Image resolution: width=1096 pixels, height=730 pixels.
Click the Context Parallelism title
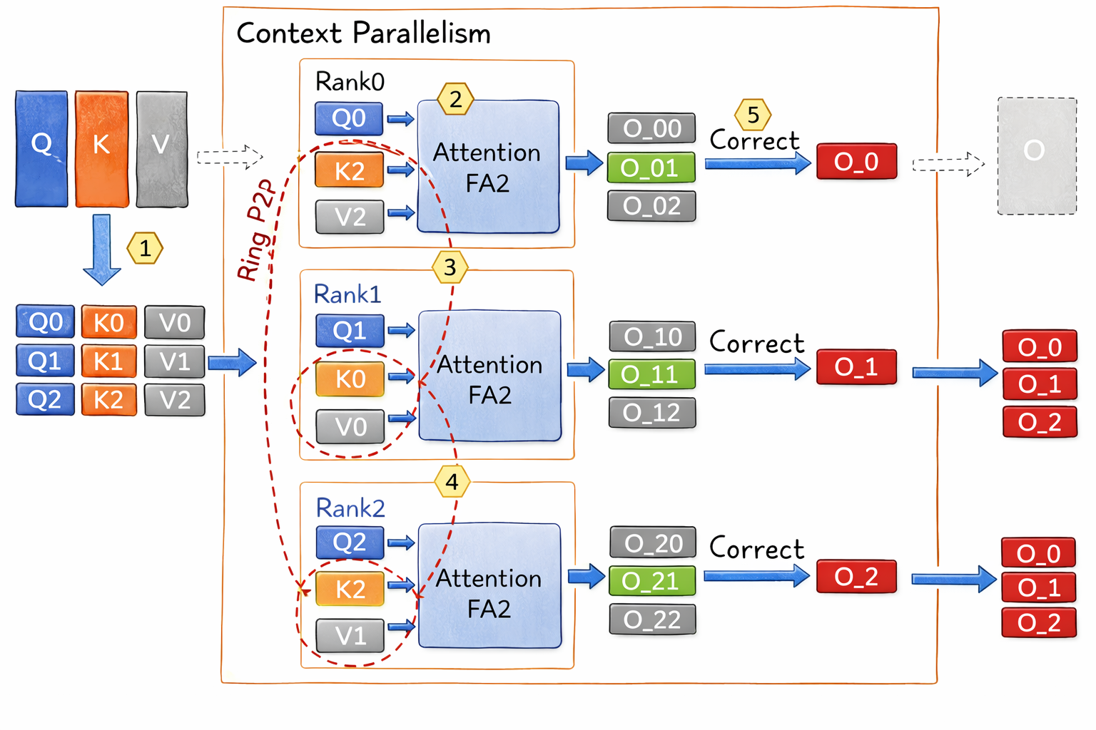[363, 34]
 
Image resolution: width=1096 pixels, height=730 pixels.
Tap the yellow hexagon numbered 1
[145, 249]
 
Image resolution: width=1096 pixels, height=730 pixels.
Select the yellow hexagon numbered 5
[753, 115]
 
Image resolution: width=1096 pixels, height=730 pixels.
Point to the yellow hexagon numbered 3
[450, 267]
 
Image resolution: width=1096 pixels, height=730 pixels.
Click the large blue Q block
[41, 148]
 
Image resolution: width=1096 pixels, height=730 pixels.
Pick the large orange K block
[102, 148]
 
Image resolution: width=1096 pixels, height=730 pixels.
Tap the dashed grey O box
[1036, 155]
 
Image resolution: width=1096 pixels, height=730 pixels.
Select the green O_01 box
[651, 168]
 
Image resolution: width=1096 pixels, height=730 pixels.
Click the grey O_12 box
[651, 413]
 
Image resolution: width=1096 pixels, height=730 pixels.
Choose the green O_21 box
[651, 581]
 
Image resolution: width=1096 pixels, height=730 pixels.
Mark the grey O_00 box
[651, 128]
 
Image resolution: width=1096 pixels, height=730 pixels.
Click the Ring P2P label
[256, 230]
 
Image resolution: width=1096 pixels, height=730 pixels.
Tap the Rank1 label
[347, 294]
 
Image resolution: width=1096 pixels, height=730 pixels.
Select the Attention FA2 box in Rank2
[489, 586]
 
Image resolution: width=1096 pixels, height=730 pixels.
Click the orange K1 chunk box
[108, 361]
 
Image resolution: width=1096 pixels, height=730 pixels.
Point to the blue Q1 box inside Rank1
[350, 331]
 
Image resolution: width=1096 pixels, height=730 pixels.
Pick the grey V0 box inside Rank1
[350, 426]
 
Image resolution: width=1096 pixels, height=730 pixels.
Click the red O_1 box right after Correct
[856, 367]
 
